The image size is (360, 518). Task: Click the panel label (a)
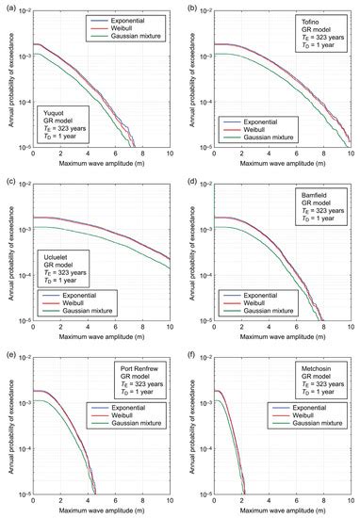click(x=8, y=6)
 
